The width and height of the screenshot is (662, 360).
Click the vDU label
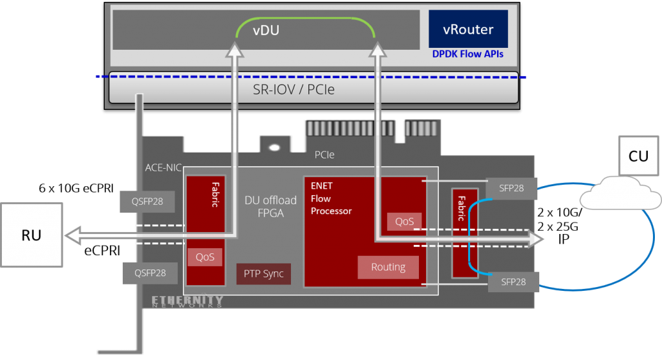(265, 30)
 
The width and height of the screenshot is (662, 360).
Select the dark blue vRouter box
(467, 28)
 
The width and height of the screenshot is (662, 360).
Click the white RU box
(31, 235)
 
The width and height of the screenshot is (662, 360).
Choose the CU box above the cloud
(639, 156)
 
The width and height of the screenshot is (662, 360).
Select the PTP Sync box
(263, 273)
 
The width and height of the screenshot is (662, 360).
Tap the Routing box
(388, 267)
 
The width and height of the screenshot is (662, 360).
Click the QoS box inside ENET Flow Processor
(404, 221)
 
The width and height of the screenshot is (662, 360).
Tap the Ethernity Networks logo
(187, 301)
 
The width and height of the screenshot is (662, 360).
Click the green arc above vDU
(304, 19)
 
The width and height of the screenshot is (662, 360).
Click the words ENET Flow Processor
(331, 198)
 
